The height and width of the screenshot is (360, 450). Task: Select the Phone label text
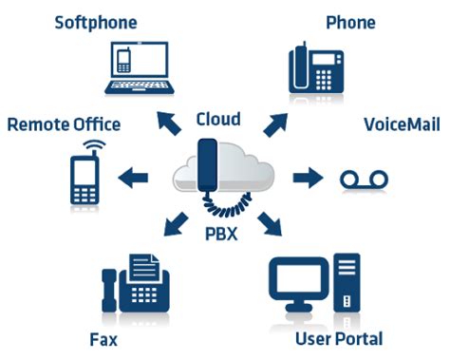click(350, 22)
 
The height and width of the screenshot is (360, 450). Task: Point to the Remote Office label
click(64, 124)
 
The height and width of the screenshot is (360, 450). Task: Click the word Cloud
click(218, 120)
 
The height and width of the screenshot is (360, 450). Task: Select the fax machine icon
click(133, 284)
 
